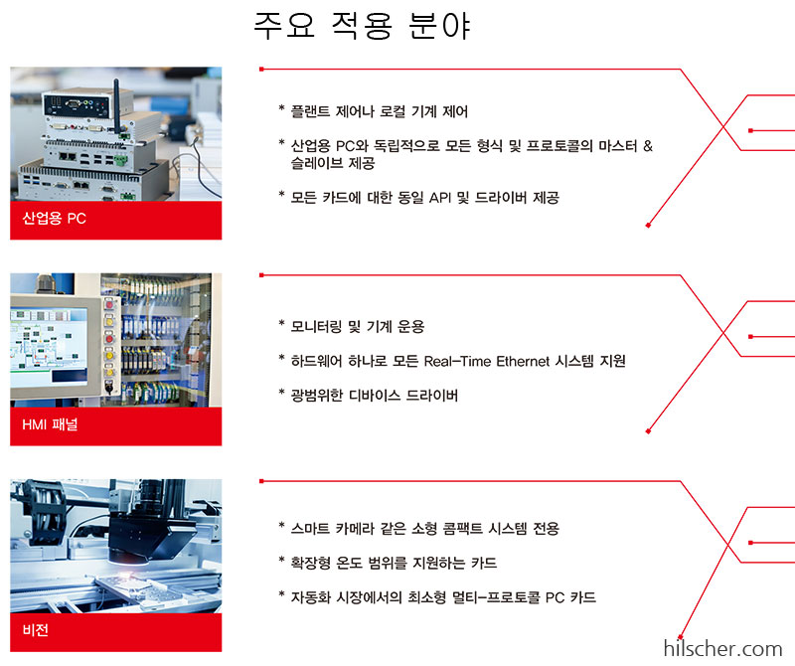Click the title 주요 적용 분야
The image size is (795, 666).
pos(362,27)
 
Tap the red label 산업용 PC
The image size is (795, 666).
pos(55,219)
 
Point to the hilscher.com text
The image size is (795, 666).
pos(722,649)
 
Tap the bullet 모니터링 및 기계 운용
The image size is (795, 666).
pos(357,326)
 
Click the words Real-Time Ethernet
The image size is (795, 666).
pos(481,360)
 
